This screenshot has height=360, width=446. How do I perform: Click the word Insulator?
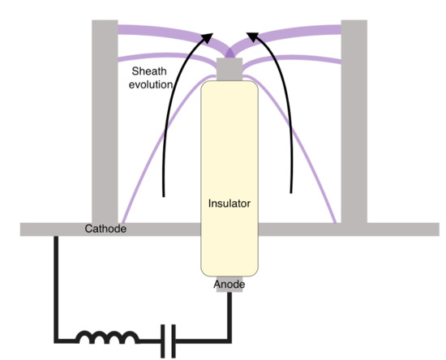pos(229,204)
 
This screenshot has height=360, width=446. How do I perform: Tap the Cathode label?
pos(105,229)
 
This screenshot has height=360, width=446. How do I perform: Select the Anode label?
pos(229,285)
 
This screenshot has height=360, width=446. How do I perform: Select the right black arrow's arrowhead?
pos(252,37)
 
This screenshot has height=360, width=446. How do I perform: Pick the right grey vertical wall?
pos(354,122)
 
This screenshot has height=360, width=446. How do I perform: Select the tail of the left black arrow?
pos(165,195)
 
